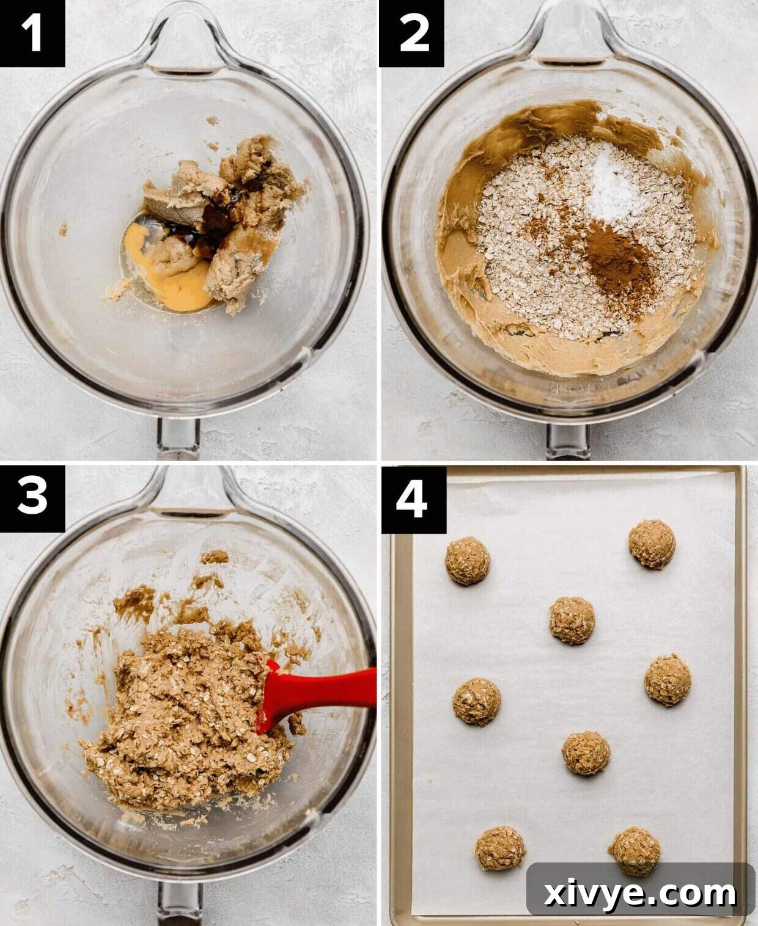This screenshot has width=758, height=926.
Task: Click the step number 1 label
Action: [x=32, y=33]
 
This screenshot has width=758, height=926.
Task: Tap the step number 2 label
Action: [x=412, y=33]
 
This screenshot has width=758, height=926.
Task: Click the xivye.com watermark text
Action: [x=639, y=894]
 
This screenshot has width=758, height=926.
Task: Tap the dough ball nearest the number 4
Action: [x=467, y=561]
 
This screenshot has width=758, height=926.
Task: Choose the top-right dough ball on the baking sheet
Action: [x=652, y=544]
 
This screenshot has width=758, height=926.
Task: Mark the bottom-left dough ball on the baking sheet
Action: [x=500, y=848]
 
